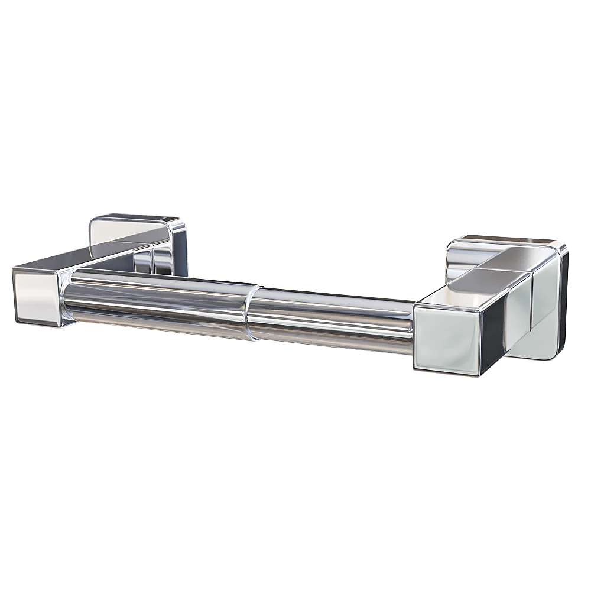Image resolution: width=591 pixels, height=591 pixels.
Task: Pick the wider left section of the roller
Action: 160,301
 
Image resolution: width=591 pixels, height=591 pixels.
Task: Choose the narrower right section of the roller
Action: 331,322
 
